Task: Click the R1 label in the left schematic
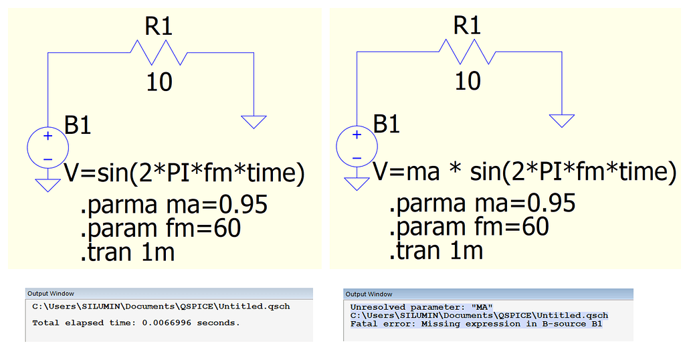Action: pyautogui.click(x=159, y=26)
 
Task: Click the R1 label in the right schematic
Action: pyautogui.click(x=467, y=25)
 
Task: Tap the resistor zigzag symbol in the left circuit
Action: pyautogui.click(x=159, y=53)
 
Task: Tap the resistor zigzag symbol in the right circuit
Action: pyautogui.click(x=468, y=52)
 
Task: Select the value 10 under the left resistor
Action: pyautogui.click(x=159, y=82)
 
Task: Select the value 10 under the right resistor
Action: pyautogui.click(x=468, y=81)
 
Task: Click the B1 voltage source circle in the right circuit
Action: pyautogui.click(x=357, y=146)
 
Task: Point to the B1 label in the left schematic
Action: pyautogui.click(x=78, y=125)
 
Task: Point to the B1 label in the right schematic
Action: pyautogui.click(x=387, y=124)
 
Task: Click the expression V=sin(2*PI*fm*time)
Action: pyautogui.click(x=185, y=173)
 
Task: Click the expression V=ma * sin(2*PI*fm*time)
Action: pyautogui.click(x=524, y=171)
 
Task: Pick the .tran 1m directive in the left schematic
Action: pyautogui.click(x=128, y=252)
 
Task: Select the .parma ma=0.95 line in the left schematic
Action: pyautogui.click(x=174, y=205)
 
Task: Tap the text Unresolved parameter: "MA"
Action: pyautogui.click(x=421, y=307)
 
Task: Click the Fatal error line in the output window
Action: pyautogui.click(x=476, y=324)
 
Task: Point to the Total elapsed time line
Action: pyautogui.click(x=136, y=323)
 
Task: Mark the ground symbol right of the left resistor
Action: pyautogui.click(x=254, y=122)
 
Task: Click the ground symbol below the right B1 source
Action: pyautogui.click(x=357, y=183)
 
